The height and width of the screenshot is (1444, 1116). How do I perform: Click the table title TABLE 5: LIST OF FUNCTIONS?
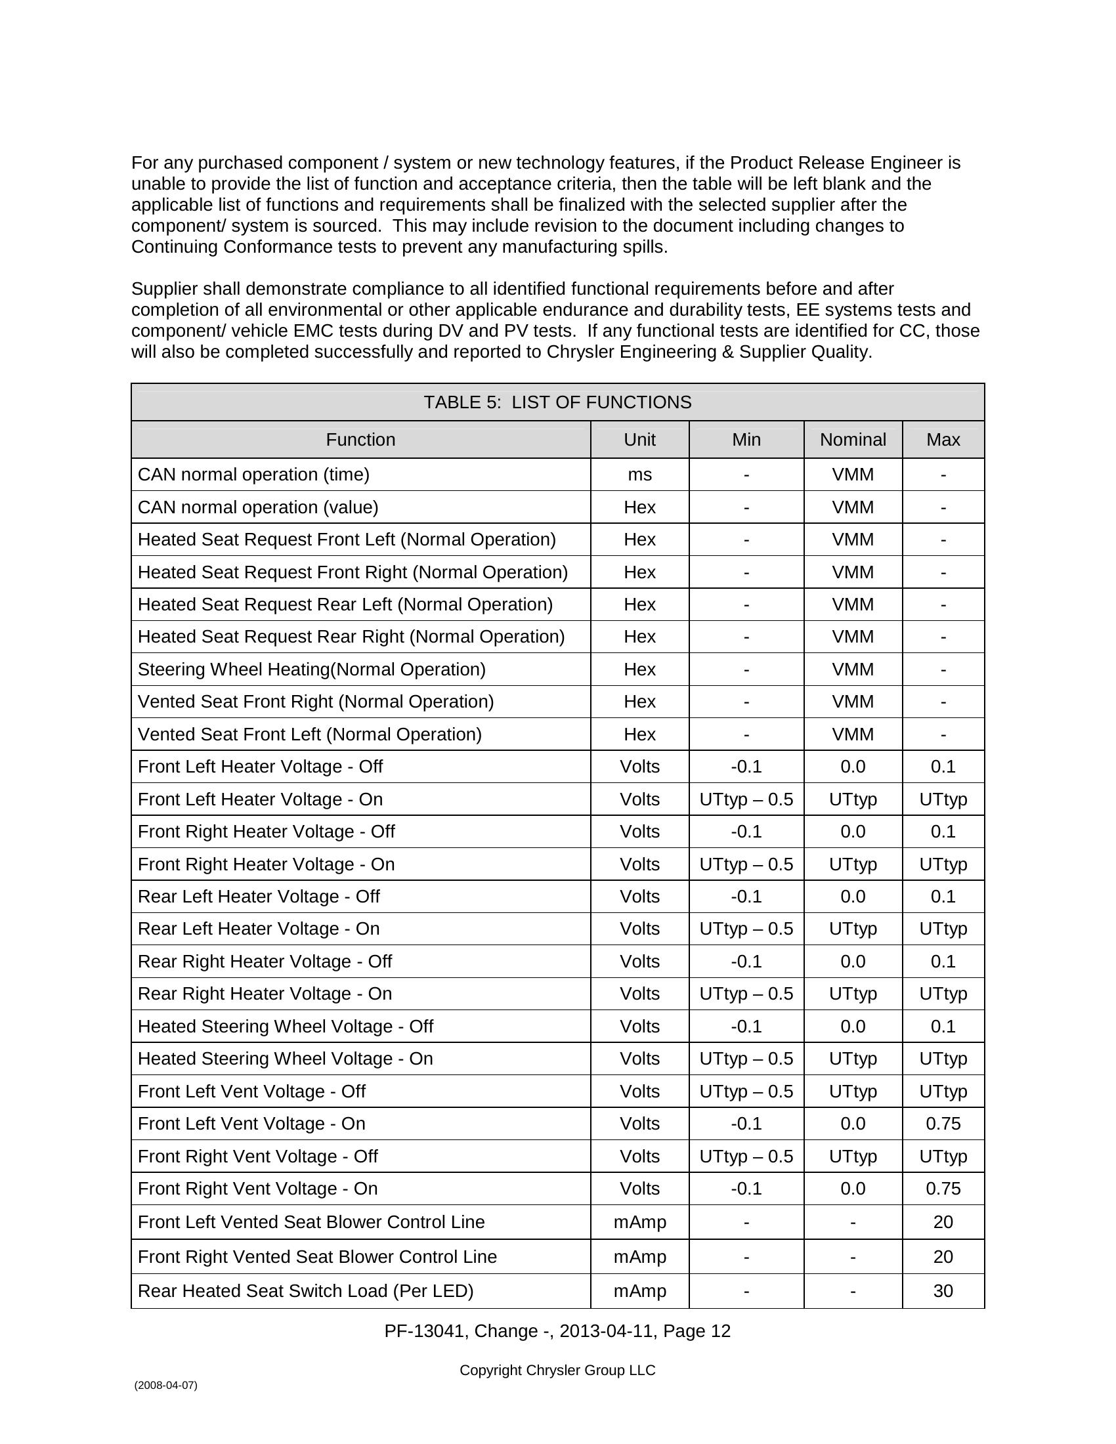tap(557, 402)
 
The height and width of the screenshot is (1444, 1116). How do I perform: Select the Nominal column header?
tap(852, 440)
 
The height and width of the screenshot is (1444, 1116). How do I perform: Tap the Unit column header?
tap(639, 440)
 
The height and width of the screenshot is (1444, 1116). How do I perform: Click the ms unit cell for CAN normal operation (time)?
tap(639, 475)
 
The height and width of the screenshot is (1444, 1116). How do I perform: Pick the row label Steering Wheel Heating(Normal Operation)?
tap(311, 669)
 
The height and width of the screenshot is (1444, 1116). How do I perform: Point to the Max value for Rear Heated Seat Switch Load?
tap(943, 1290)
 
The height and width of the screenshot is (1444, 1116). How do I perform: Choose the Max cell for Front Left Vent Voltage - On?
tap(943, 1123)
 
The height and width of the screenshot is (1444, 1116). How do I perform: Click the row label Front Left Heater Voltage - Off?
tap(260, 766)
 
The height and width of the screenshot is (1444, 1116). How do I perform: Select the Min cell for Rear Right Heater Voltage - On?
tap(746, 994)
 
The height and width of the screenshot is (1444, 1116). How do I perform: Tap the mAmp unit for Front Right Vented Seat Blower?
tap(639, 1256)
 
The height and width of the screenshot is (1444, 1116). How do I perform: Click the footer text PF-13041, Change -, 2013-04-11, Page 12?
tap(557, 1331)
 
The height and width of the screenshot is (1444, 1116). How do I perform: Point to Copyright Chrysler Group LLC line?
tap(557, 1370)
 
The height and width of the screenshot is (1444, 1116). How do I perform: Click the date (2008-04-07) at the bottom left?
tap(165, 1385)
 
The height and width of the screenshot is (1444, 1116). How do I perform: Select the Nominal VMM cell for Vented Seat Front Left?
tap(852, 734)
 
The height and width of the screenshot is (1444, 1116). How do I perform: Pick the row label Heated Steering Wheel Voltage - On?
tap(285, 1059)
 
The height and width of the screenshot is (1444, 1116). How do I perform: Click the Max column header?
tap(943, 440)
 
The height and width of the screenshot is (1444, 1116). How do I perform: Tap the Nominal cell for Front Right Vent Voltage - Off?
tap(852, 1157)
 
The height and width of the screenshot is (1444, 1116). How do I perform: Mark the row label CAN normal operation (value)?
tap(258, 507)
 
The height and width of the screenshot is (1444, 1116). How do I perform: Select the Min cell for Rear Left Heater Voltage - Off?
tap(746, 897)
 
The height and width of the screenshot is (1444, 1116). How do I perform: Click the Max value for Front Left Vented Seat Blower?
tap(943, 1222)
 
